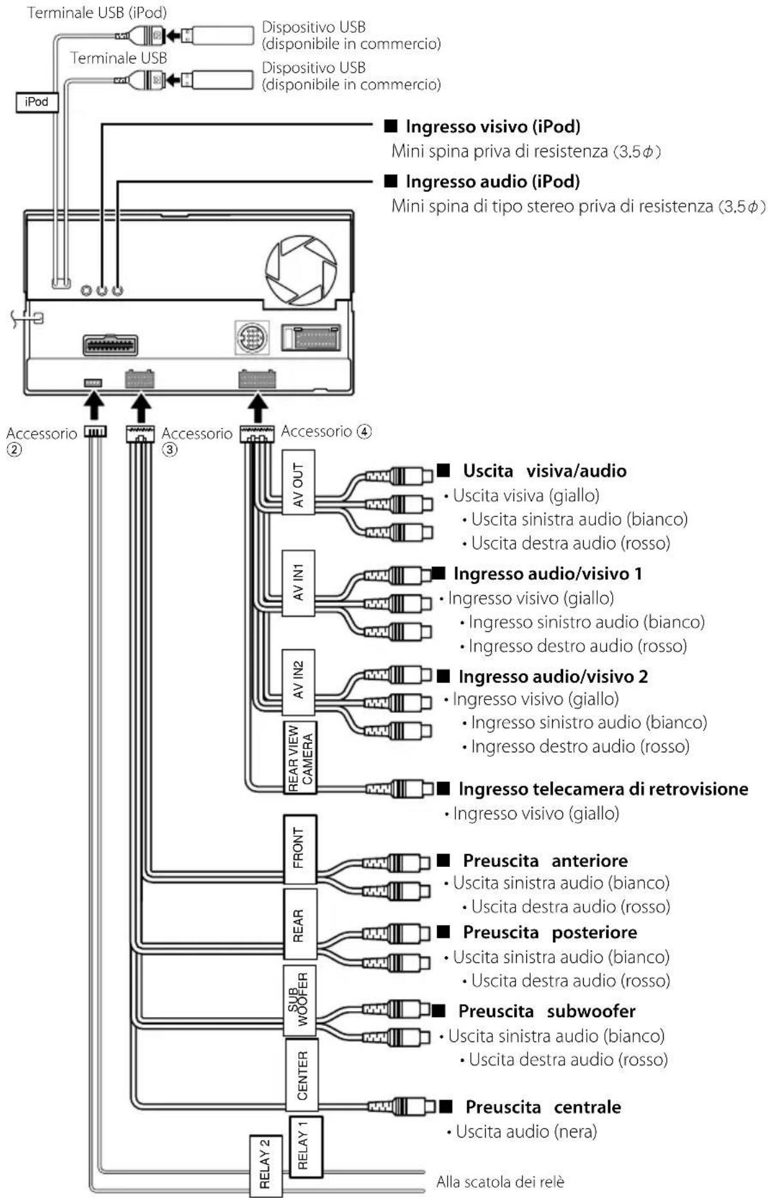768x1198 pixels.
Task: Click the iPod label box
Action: (37, 102)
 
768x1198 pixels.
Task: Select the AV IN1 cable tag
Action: (298, 584)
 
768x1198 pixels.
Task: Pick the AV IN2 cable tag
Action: (298, 682)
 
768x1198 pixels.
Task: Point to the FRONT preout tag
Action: (300, 849)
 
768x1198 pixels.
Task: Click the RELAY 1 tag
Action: (306, 1146)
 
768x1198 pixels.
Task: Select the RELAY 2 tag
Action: (265, 1166)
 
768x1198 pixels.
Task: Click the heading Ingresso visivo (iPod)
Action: (493, 126)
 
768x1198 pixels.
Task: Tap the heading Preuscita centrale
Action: (543, 1107)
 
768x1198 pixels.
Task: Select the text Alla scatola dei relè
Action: (500, 1181)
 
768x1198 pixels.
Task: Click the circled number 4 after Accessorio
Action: (365, 431)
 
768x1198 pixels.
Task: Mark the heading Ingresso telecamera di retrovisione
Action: (603, 788)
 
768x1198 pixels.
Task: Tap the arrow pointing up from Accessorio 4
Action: (258, 409)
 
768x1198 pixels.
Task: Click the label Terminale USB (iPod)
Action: (97, 12)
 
